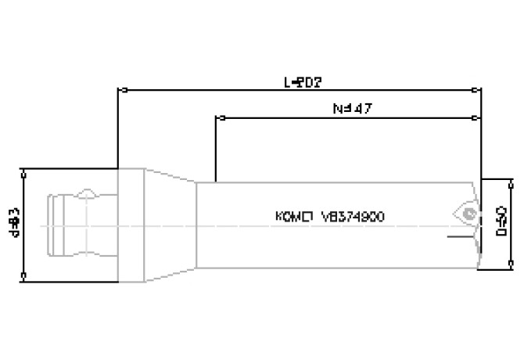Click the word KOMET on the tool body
[294, 217]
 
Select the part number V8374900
[352, 217]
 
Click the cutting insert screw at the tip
[468, 212]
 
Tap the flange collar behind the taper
[130, 224]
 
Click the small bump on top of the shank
[88, 193]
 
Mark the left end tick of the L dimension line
[117, 89]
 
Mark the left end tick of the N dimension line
[216, 118]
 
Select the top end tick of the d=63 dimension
[25, 170]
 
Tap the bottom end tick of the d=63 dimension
[25, 277]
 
